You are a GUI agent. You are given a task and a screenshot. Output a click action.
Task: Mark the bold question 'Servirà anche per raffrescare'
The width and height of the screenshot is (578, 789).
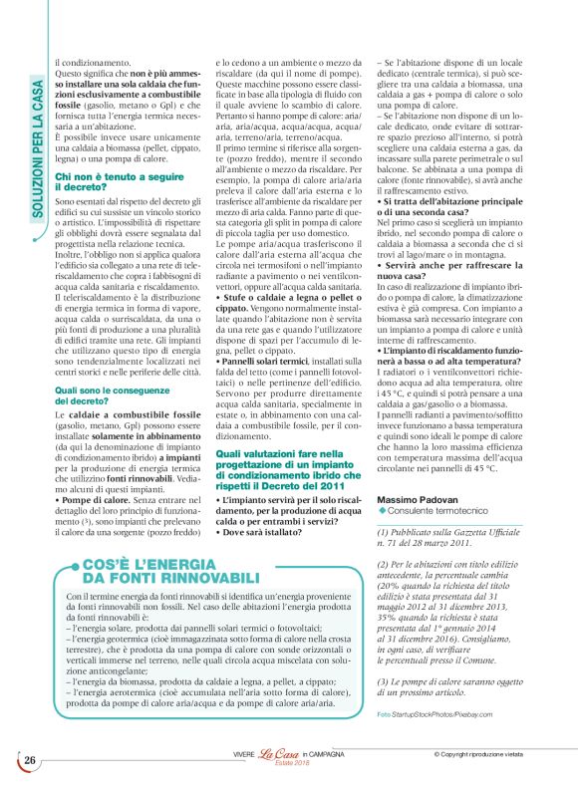[x=452, y=262]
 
